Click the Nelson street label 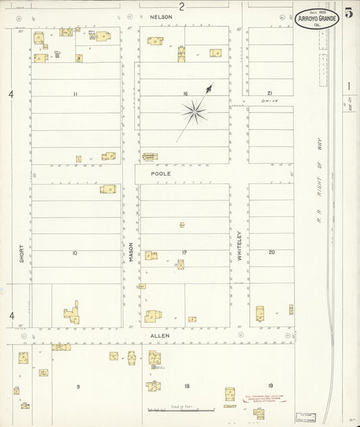161,16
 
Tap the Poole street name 160,174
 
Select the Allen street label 160,335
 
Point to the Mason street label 131,252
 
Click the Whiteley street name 239,246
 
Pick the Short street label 21,253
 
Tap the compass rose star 195,111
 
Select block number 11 76,94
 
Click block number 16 184,94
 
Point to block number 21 269,93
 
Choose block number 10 74,253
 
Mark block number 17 184,253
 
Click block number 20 272,253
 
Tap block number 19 270,386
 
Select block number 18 186,386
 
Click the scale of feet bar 181,409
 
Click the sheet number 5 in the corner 349,13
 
